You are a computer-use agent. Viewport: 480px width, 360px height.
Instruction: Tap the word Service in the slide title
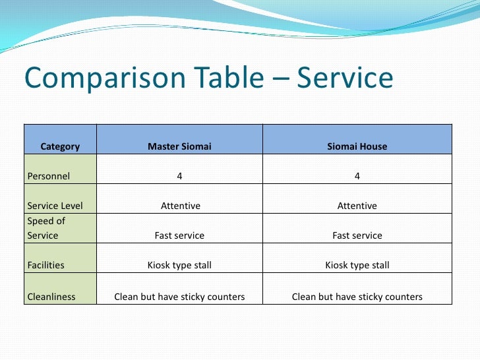tap(345, 79)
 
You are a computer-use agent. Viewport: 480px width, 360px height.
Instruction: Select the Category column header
tap(60, 146)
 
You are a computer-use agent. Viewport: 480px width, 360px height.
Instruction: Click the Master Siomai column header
tap(179, 146)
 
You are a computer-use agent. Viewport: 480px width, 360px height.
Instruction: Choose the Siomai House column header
tap(357, 146)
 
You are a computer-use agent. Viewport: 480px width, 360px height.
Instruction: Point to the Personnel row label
tap(49, 176)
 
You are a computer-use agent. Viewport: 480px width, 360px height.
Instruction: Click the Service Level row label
tap(55, 206)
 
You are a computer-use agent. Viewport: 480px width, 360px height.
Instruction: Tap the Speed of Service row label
tap(46, 228)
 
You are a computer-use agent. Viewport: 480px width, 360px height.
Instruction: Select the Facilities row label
tap(46, 265)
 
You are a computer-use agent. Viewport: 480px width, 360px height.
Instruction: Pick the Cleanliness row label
tap(51, 297)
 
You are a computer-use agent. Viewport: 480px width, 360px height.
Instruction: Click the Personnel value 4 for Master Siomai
tap(179, 176)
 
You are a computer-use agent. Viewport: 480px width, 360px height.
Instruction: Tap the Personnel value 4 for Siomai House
tap(357, 176)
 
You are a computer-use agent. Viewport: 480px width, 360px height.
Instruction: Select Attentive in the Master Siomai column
tap(180, 206)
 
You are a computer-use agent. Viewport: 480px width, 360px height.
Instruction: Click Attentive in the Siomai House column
tap(357, 206)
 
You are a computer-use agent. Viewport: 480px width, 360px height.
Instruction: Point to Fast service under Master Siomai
tap(179, 235)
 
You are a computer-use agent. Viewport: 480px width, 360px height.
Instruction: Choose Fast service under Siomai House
tap(357, 235)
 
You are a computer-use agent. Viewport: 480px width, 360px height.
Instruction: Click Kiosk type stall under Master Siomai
tap(179, 265)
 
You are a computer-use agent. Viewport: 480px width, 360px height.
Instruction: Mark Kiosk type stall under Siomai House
tap(357, 265)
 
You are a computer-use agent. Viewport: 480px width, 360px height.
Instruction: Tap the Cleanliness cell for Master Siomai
tap(179, 297)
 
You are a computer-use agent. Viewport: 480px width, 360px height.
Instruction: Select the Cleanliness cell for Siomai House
tap(357, 297)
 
